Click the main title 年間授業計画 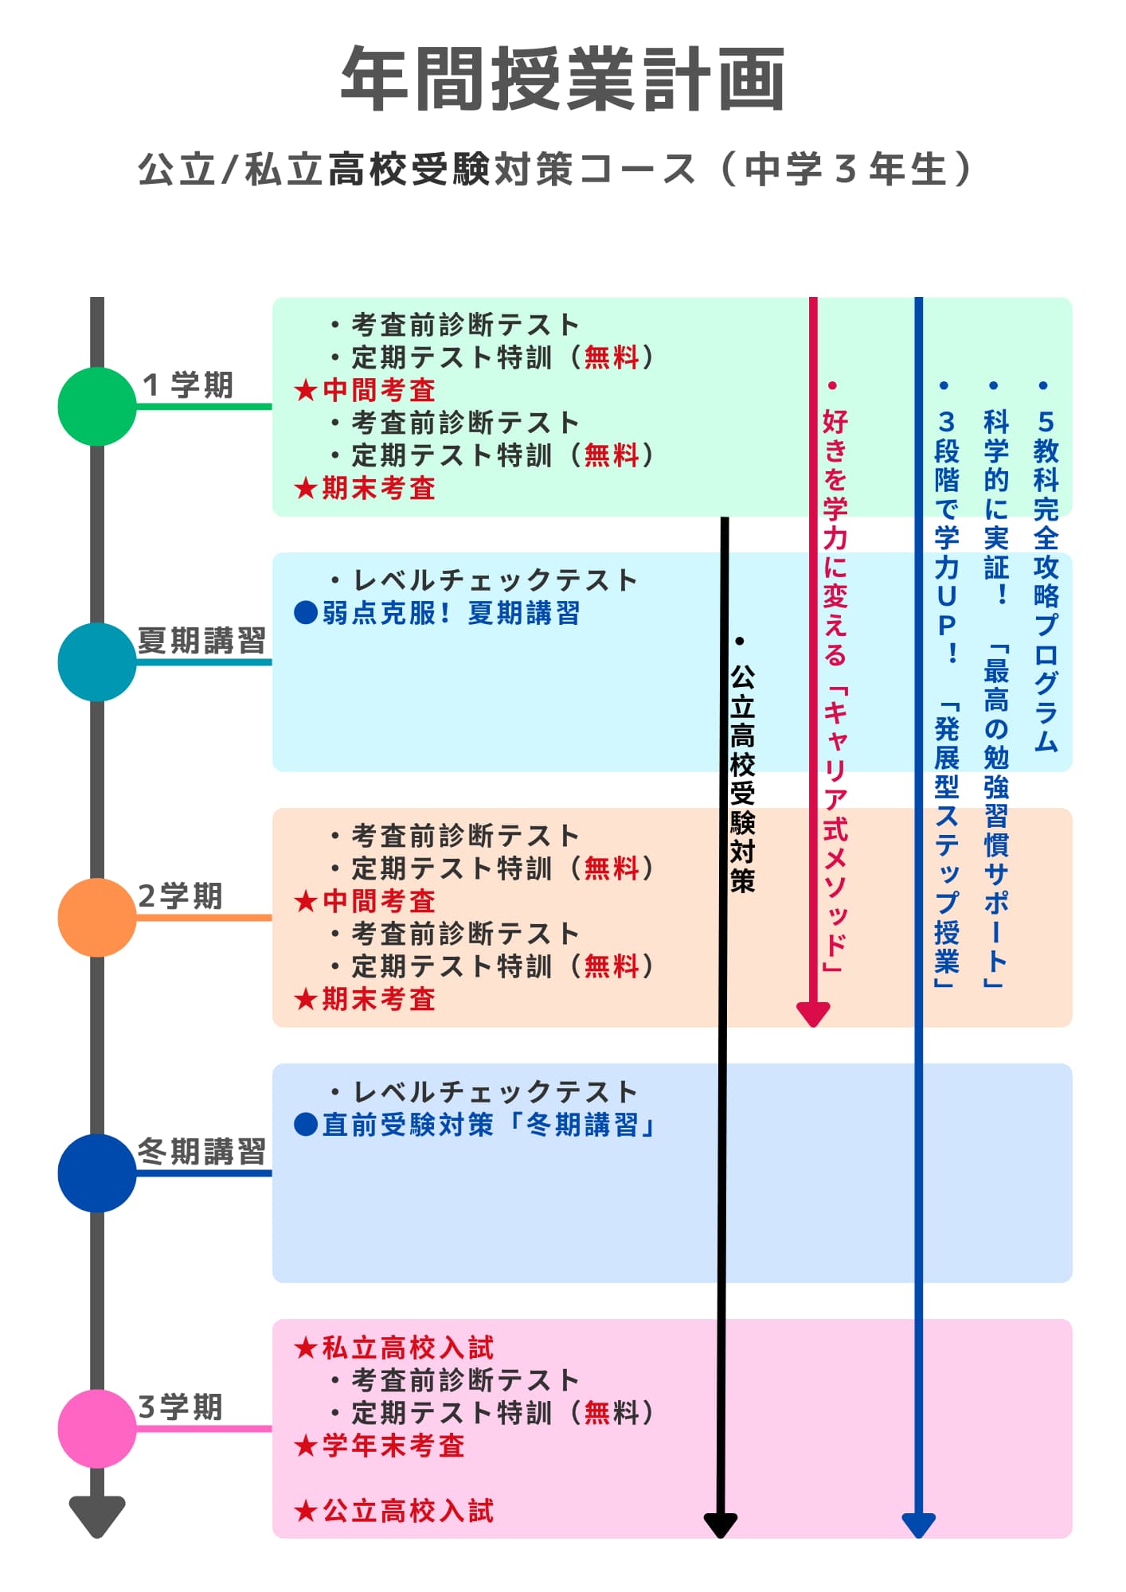562,79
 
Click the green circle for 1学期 97,406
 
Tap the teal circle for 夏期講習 97,661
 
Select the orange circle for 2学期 97,917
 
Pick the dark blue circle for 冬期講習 97,1173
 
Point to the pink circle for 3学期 97,1428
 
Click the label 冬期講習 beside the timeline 201,1151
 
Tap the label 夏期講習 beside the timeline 201,640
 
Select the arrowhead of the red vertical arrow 813,1013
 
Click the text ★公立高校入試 394,1510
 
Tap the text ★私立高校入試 394,1348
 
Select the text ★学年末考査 380,1446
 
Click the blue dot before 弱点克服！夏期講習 306,613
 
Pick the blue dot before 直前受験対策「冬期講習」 306,1124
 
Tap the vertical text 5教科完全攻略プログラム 1046,581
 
